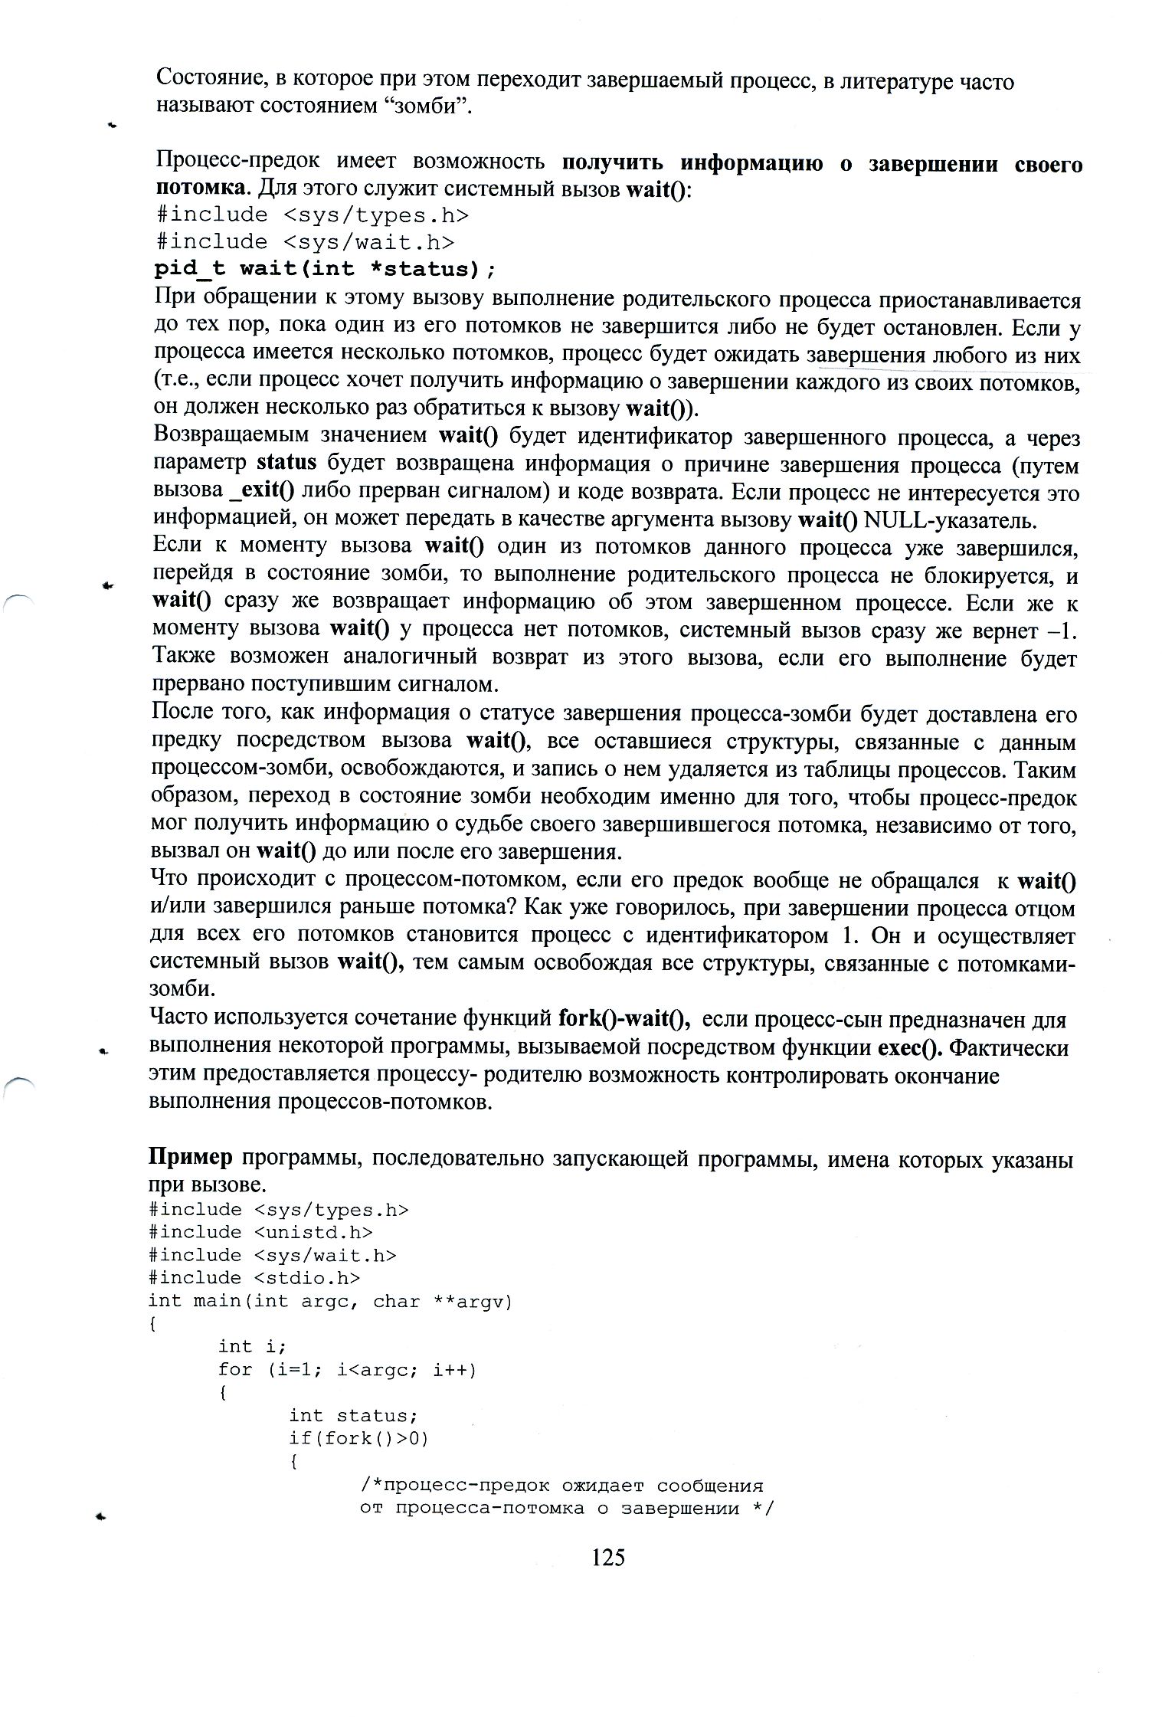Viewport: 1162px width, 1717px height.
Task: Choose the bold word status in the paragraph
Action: point(286,464)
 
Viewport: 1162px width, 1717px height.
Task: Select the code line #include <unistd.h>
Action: point(260,1231)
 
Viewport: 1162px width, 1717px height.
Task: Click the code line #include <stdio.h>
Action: point(254,1277)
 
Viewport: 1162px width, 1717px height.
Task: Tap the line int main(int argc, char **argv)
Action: point(329,1301)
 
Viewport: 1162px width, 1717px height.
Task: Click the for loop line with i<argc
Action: point(347,1369)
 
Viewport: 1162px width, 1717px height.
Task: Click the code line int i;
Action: point(252,1346)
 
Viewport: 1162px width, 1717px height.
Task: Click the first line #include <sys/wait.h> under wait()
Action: point(305,242)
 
